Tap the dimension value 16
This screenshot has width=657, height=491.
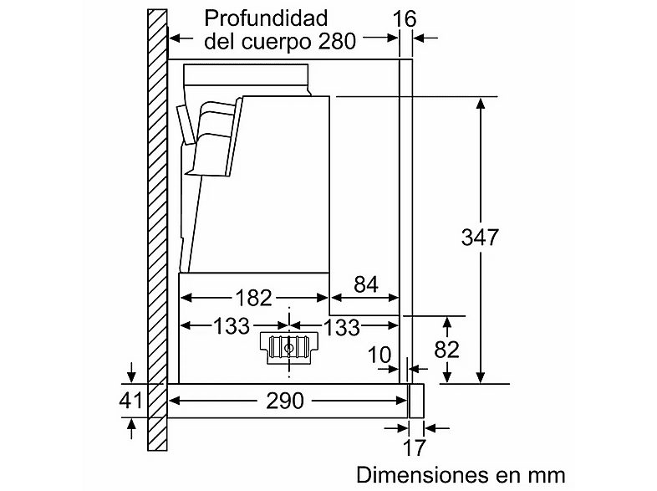pos(406,18)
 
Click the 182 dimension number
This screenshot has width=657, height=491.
pos(252,297)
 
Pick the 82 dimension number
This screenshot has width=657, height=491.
pos(448,349)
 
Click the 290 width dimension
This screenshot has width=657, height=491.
pos(285,401)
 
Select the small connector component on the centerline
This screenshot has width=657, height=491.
pos(290,346)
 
